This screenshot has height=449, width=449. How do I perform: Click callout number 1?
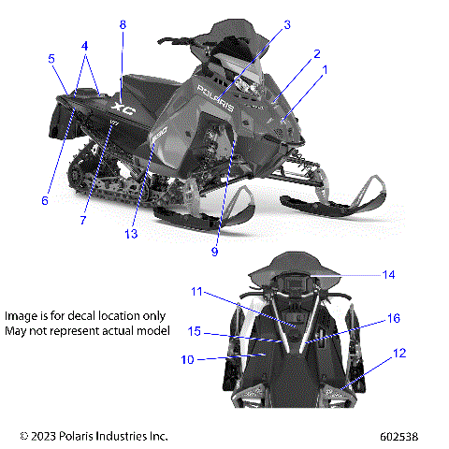(x=325, y=69)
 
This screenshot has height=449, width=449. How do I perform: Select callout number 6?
(x=44, y=199)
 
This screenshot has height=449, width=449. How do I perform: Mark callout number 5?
(x=51, y=58)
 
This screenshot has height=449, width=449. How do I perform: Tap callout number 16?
(x=394, y=318)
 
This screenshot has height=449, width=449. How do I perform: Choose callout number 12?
(x=399, y=353)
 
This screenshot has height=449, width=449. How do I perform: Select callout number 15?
(x=194, y=332)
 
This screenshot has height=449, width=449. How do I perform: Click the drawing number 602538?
(x=399, y=436)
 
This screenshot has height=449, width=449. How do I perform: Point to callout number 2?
(x=317, y=53)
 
